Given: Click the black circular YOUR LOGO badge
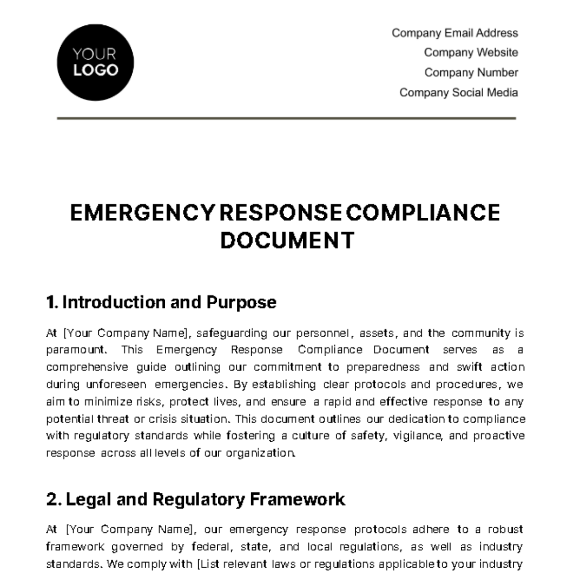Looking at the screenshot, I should point(95,63).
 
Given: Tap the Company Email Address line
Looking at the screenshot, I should point(455,33).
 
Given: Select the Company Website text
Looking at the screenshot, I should point(471,53).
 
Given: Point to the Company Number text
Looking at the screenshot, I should point(471,73).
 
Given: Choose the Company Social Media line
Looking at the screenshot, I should point(458,93).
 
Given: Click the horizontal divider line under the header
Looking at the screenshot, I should point(286,118).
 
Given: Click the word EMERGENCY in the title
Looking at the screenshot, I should point(141,213).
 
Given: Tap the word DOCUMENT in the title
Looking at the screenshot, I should point(287,240).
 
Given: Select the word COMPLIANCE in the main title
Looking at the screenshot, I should point(423,213).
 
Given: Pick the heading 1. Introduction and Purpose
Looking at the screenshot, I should point(161,302).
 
